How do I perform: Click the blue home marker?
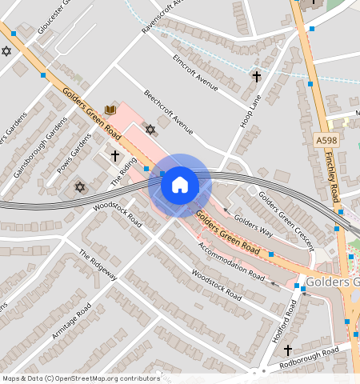180,185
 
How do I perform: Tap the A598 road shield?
326,141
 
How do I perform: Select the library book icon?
110,110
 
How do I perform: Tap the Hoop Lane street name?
250,111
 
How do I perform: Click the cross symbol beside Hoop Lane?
256,77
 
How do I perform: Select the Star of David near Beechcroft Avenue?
150,128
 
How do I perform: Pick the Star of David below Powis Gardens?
79,187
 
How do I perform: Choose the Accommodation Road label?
232,262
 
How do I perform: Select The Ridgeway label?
98,265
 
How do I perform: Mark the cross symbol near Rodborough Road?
288,350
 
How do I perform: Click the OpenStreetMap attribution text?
81,378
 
